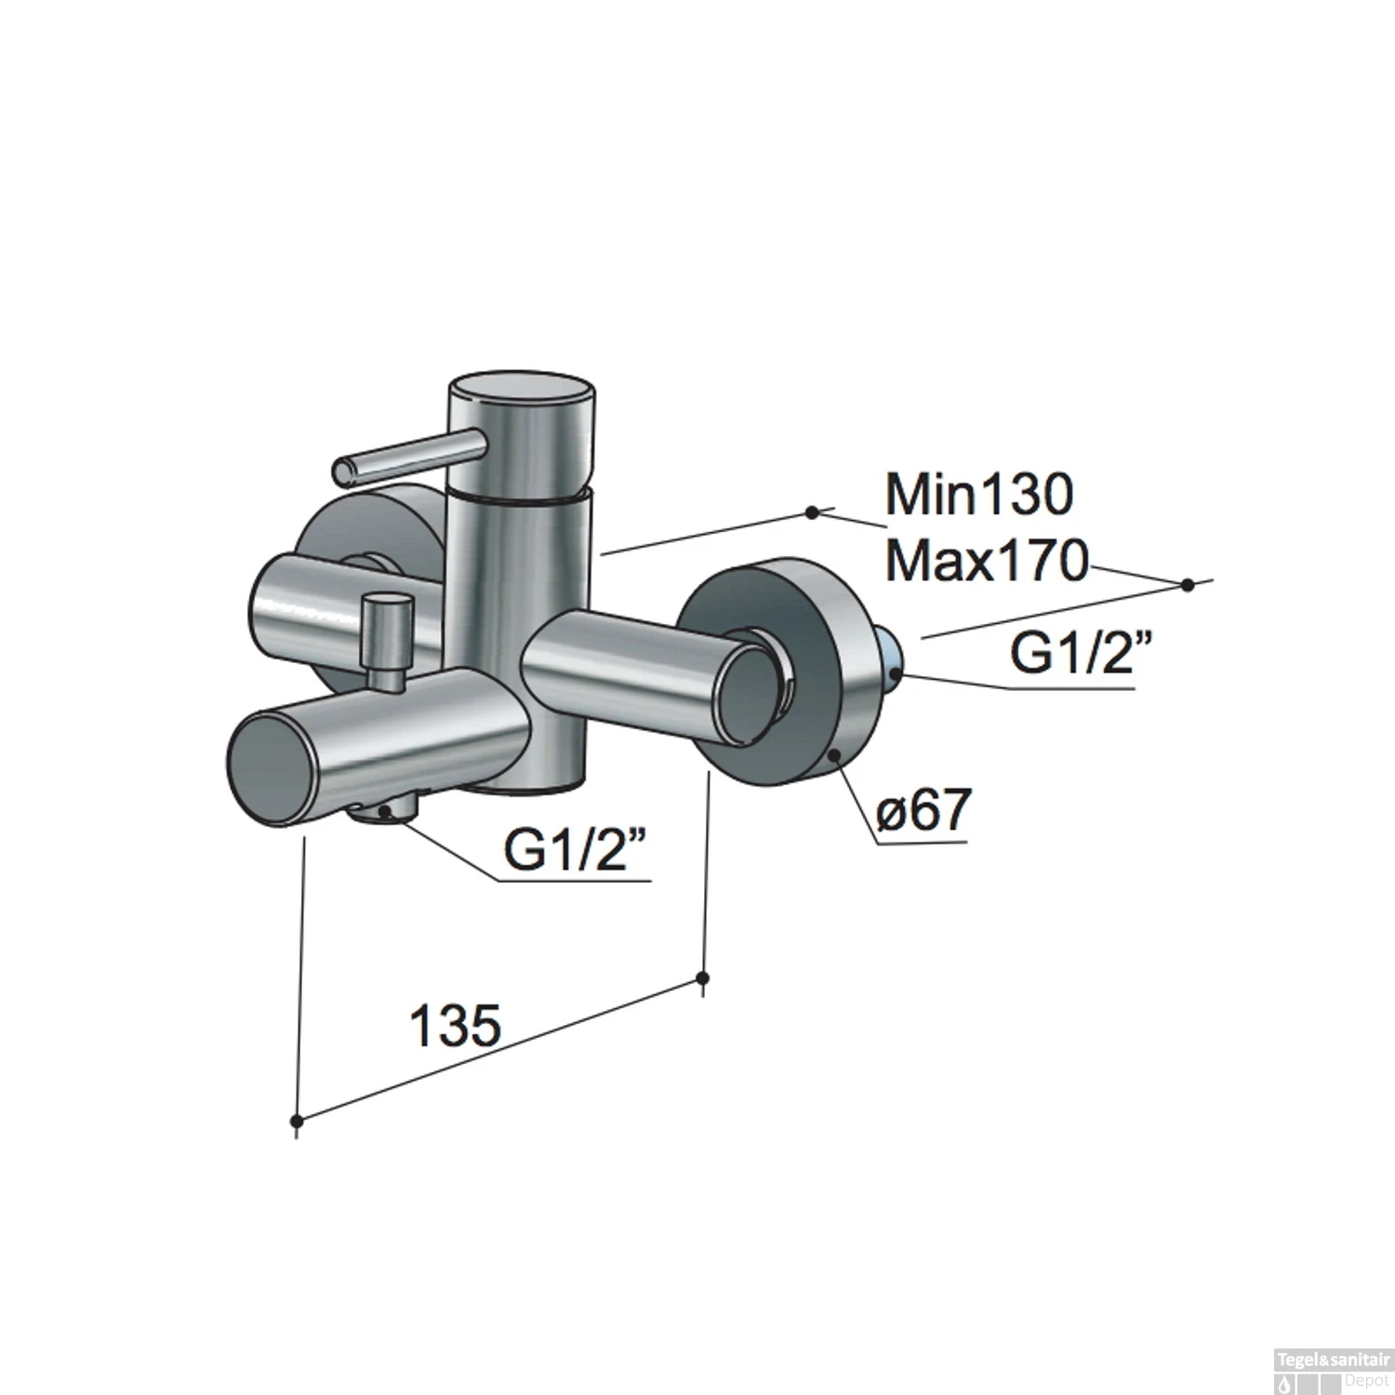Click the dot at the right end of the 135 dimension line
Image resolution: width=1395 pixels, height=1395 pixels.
pos(703,978)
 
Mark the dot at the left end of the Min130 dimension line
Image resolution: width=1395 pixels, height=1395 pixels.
pos(812,511)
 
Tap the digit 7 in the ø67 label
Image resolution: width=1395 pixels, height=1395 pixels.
pos(950,813)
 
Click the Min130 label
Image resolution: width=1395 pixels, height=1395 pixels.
pos(978,495)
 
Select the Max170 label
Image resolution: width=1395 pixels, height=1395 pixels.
pos(986,563)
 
